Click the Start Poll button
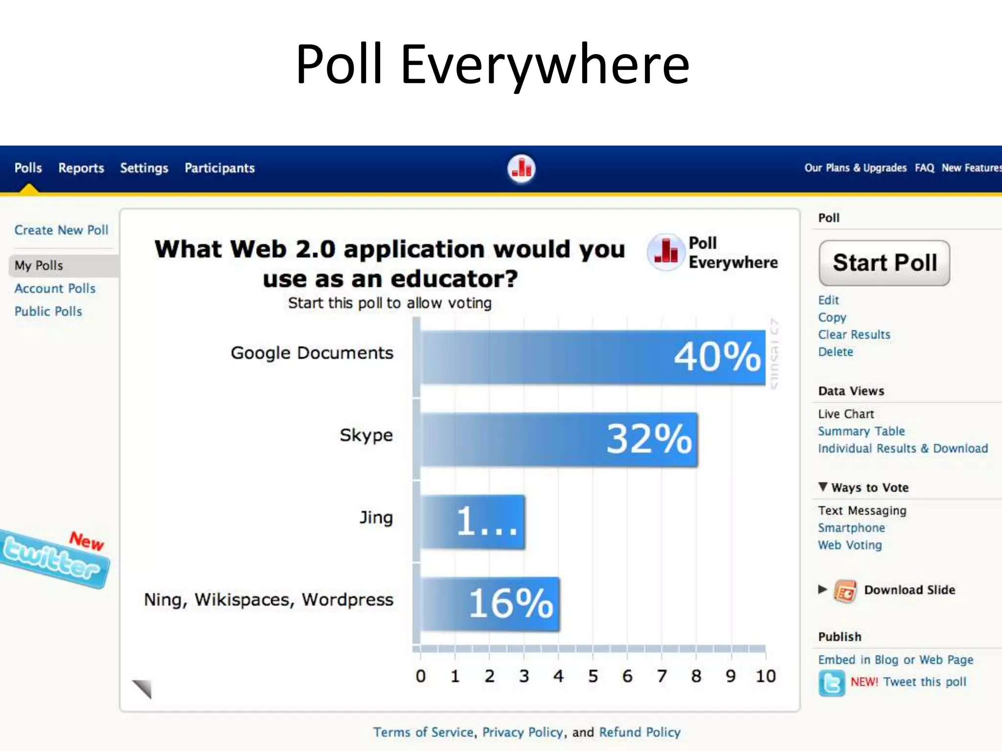[x=884, y=263]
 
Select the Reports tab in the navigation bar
[x=81, y=168]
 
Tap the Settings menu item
[x=144, y=168]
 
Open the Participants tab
[x=220, y=168]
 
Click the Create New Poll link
[x=61, y=230]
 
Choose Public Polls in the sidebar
[x=48, y=311]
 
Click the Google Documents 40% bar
[x=593, y=357]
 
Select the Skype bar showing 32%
[x=559, y=439]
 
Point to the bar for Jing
[x=473, y=522]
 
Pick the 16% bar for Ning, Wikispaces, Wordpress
[x=490, y=604]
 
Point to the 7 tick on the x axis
[x=662, y=676]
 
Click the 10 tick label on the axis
[x=766, y=676]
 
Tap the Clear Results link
[x=854, y=335]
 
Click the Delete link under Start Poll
[x=836, y=352]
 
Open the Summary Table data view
[x=861, y=431]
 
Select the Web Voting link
[x=850, y=545]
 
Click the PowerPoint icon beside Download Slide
[x=845, y=592]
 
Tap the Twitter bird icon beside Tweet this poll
[x=831, y=683]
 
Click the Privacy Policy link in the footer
[x=523, y=732]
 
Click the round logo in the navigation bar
[x=522, y=169]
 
